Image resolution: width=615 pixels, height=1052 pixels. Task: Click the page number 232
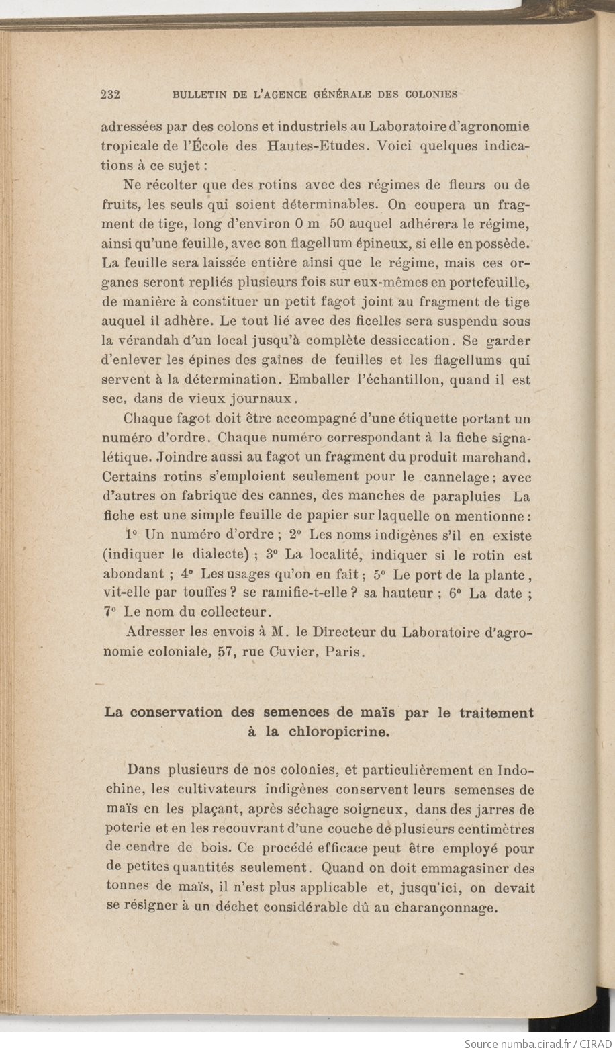point(110,95)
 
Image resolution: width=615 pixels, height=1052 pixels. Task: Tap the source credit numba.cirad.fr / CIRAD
point(536,1043)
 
